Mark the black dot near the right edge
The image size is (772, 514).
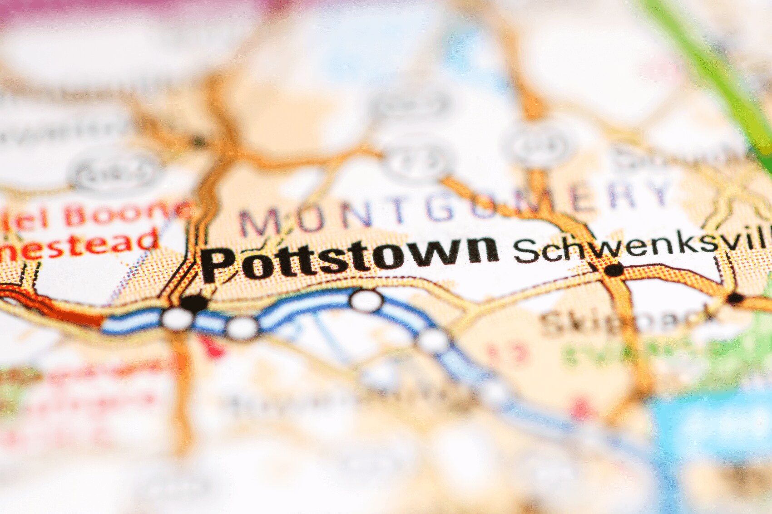pyautogui.click(x=735, y=299)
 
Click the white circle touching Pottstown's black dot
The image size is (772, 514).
pyautogui.click(x=177, y=318)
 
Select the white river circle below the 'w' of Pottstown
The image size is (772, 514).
pyautogui.click(x=366, y=300)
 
